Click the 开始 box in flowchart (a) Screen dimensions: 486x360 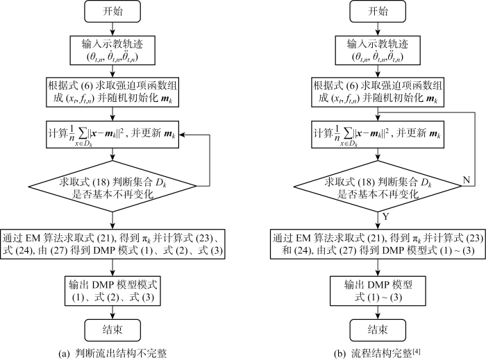coord(112,12)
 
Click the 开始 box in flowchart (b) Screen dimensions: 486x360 coord(378,12)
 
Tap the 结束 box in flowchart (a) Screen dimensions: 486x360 coord(112,330)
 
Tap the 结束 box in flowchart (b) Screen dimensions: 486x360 coord(378,330)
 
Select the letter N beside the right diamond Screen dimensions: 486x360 coord(466,180)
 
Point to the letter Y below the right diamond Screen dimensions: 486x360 coord(385,216)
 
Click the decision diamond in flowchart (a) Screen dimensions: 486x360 coord(112,186)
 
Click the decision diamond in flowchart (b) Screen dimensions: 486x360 coord(378,186)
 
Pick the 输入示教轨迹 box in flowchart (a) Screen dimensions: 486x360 coord(112,50)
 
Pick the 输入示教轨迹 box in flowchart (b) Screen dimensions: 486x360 coord(378,50)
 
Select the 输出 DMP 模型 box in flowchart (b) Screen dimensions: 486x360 coord(378,291)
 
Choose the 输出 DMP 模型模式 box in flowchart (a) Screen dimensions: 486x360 coord(112,291)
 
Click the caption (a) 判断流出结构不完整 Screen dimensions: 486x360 coord(112,353)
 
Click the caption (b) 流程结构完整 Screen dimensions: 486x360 coord(377,353)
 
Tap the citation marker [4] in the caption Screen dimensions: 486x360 coord(417,352)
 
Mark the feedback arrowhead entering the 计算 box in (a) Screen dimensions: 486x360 coord(182,135)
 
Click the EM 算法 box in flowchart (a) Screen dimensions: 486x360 coord(112,244)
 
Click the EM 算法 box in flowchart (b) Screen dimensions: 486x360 coord(378,244)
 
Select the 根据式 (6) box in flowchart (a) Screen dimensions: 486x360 coord(112,92)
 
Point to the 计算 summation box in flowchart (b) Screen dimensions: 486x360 coord(378,135)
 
